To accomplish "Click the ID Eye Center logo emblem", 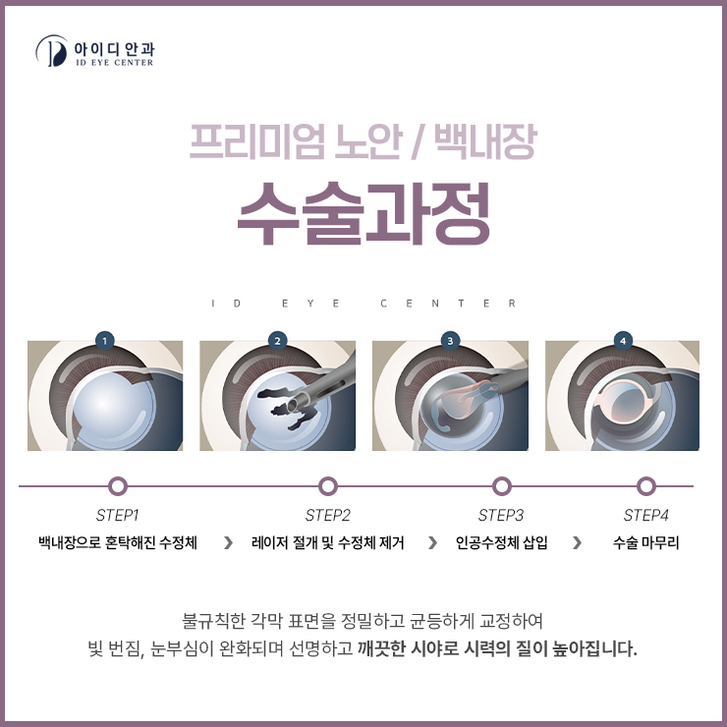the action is pyautogui.click(x=52, y=50).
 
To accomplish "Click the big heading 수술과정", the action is pyautogui.click(x=363, y=213).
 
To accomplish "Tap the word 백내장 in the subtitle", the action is pyautogui.click(x=485, y=141).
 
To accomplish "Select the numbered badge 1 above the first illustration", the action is pyautogui.click(x=105, y=341).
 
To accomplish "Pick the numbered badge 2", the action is pyautogui.click(x=277, y=341).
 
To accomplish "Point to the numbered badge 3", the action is pyautogui.click(x=450, y=341).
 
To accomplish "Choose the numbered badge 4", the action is pyautogui.click(x=623, y=341).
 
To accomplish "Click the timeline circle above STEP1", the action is pyautogui.click(x=118, y=486).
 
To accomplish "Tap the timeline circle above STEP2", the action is pyautogui.click(x=328, y=486).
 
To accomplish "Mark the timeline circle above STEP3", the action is pyautogui.click(x=501, y=486).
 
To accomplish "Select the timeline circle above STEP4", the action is pyautogui.click(x=645, y=486).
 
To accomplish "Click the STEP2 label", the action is pyautogui.click(x=328, y=515).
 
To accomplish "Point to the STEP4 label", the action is pyautogui.click(x=645, y=515).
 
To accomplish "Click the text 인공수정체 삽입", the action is pyautogui.click(x=501, y=542).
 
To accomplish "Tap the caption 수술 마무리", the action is pyautogui.click(x=645, y=542).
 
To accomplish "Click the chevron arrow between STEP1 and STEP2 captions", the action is pyautogui.click(x=228, y=542).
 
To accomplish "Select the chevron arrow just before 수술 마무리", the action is pyautogui.click(x=578, y=542).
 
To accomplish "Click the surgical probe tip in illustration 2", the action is pyautogui.click(x=294, y=405).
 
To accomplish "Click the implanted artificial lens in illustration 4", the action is pyautogui.click(x=627, y=402).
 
